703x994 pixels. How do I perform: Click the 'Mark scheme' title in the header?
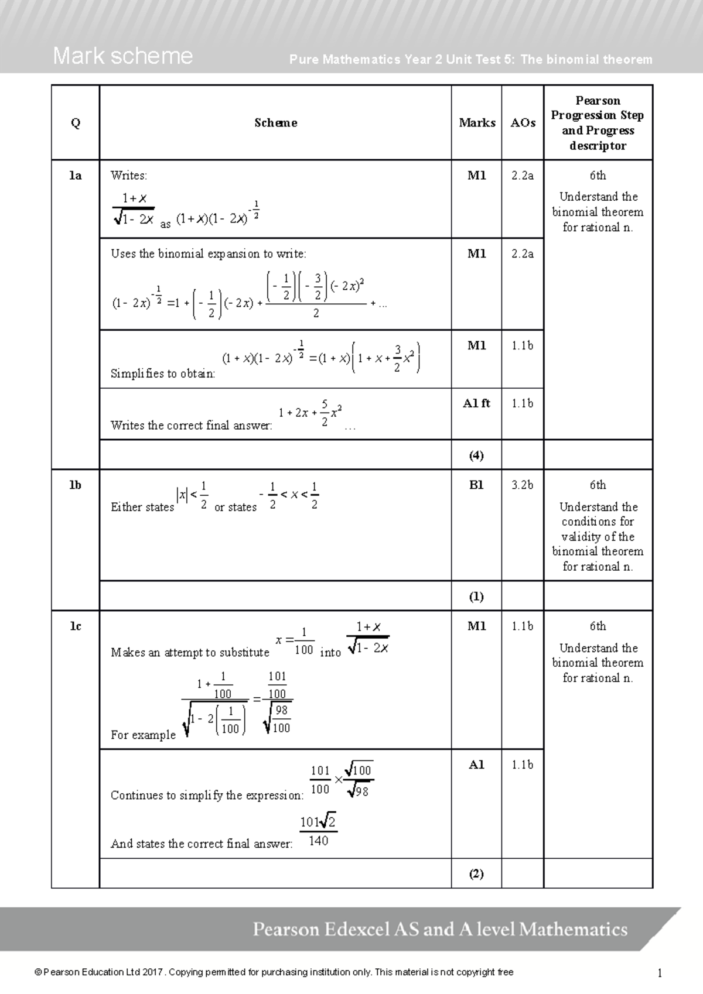coord(122,56)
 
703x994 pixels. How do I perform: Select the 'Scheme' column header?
coord(275,123)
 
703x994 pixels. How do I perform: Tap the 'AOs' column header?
coord(523,123)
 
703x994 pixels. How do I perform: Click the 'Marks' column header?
coord(477,123)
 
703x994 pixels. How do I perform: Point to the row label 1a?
coord(76,176)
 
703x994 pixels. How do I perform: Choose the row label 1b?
coord(76,485)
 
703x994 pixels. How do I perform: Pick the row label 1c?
coord(76,626)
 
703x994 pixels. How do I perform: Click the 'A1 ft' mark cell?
coord(476,403)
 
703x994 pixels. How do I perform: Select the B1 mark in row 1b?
coord(476,485)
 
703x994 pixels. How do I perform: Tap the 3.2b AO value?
coord(523,485)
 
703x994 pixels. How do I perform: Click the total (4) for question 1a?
coord(476,455)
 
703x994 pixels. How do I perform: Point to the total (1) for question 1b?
coord(476,597)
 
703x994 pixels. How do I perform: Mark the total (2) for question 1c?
coord(476,874)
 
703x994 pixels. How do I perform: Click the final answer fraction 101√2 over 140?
coord(318,831)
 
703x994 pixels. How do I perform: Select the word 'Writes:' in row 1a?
coord(129,176)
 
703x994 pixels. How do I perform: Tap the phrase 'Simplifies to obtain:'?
coord(163,374)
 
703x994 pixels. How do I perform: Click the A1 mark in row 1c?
coord(476,765)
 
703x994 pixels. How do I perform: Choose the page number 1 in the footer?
coord(660,974)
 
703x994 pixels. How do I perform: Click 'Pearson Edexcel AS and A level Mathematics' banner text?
coord(440,930)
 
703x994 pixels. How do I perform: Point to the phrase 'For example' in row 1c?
coord(143,735)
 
